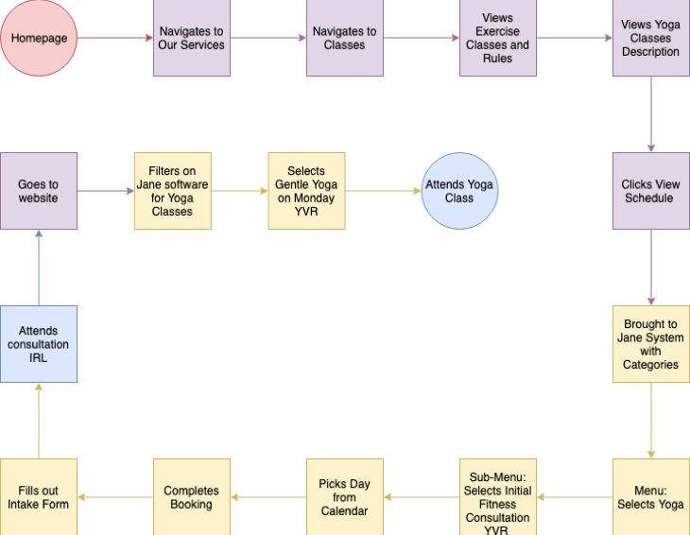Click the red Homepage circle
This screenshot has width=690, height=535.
pos(39,38)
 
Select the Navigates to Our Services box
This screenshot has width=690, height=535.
pos(192,38)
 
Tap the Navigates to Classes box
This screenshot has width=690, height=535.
pos(345,38)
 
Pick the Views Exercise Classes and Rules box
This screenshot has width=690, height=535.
pos(498,38)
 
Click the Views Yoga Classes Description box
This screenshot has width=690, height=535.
pos(651,38)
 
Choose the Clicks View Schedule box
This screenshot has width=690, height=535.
pos(651,191)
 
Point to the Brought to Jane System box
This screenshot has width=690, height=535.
pos(651,344)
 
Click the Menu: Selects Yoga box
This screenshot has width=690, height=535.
pos(651,497)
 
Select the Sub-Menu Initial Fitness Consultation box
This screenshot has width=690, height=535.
pos(498,497)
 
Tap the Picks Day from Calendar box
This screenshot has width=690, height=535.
pos(345,497)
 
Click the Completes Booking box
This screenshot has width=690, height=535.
pos(192,497)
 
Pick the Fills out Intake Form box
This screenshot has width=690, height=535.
pos(39,497)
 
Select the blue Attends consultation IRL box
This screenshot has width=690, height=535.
pos(39,344)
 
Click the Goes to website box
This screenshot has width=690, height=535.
pos(39,191)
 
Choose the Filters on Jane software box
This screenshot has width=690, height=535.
pos(173,191)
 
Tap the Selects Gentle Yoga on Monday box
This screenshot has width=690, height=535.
pos(306,191)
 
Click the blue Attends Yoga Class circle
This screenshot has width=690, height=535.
pos(460,191)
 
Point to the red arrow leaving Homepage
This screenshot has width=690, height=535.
pos(115,38)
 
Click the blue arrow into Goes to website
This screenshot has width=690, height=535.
pos(39,267)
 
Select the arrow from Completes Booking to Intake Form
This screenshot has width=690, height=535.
pos(115,497)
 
